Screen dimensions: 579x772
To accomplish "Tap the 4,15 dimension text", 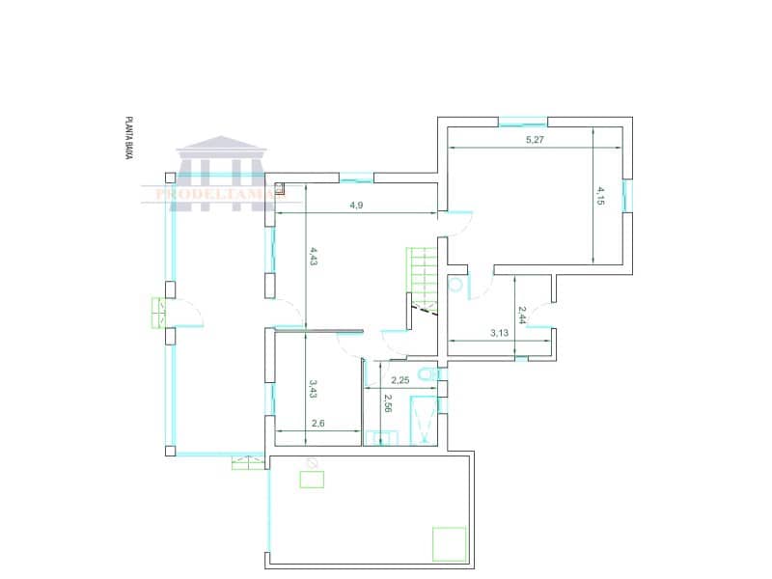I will click(600, 196).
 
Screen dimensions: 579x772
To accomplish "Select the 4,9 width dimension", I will click(356, 206).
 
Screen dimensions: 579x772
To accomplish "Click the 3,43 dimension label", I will click(313, 388).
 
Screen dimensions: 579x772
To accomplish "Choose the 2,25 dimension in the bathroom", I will click(400, 380).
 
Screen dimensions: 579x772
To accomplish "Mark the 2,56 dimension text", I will click(388, 404).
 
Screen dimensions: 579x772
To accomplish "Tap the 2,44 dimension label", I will click(522, 315).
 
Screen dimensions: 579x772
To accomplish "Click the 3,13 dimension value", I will click(499, 333).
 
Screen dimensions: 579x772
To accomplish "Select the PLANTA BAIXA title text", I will click(127, 138).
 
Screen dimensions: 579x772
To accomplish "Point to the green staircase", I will click(422, 274).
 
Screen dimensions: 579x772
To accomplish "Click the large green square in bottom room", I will click(449, 542).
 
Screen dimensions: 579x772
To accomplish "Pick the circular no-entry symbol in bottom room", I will click(312, 462).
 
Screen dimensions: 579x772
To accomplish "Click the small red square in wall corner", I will click(280, 189).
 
